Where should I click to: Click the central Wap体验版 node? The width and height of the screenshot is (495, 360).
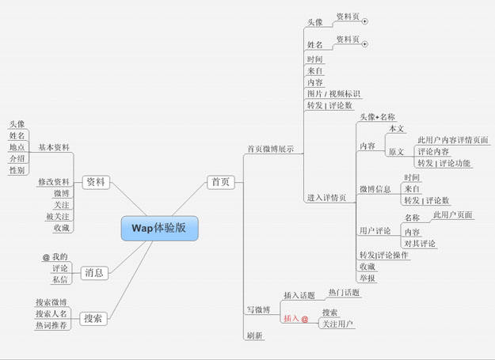(x=159, y=228)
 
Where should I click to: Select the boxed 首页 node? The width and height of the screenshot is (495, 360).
(x=220, y=182)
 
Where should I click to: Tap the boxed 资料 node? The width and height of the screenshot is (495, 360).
(x=94, y=182)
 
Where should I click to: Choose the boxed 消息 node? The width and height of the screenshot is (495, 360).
(x=93, y=273)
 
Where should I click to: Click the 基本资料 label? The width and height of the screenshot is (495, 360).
(x=54, y=147)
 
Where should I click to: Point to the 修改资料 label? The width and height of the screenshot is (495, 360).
(x=54, y=182)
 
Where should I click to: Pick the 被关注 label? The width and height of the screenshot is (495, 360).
(x=57, y=216)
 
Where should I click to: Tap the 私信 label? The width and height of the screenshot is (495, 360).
(x=60, y=279)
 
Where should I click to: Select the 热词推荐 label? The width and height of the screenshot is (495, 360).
(x=51, y=324)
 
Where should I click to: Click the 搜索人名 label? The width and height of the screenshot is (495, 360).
(x=51, y=313)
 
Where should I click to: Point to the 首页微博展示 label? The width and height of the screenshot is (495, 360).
(x=270, y=148)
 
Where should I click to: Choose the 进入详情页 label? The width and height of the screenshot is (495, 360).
(x=326, y=198)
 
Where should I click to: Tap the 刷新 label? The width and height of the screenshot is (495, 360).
(x=255, y=335)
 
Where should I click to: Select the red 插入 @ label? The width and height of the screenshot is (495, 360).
(x=295, y=319)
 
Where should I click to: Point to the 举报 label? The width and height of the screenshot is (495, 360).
(x=367, y=279)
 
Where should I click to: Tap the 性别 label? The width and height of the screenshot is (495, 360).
(x=17, y=170)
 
